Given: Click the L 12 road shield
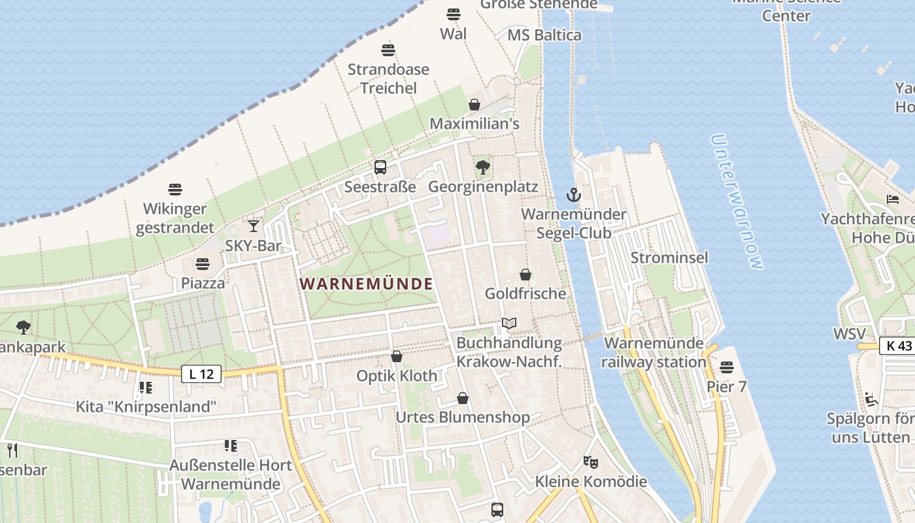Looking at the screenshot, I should pos(201,374).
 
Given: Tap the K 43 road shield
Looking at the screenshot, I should pos(897,346).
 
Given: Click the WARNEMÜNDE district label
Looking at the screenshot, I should pos(367,284).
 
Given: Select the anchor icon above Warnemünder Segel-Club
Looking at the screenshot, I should pos(573,195).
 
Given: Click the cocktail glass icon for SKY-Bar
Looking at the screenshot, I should pos(254,226).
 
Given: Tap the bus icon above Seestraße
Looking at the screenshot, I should pos(380,167).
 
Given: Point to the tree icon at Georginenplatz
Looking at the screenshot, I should pos(483,167).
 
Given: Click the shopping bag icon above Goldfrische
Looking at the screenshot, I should pos(525,275).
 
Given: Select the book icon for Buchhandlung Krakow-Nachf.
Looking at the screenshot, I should pos(508,323).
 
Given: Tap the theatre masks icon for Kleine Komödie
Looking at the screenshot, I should pos(591,462).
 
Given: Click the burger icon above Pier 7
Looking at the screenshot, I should pos(727,367).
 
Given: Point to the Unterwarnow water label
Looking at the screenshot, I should pos(737,202).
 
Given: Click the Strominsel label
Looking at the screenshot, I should pos(669,258).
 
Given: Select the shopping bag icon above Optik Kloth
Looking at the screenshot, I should pos(396,356).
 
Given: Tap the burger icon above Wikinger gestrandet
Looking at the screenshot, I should pos(175,190).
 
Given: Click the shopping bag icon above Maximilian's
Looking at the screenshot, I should pos(474,105).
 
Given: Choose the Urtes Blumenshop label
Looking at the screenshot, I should pos(463,417).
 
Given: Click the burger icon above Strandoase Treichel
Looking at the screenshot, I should pos(388,50).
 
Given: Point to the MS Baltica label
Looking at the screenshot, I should pos(544,35).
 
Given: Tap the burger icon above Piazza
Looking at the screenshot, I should pos(203,264).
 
